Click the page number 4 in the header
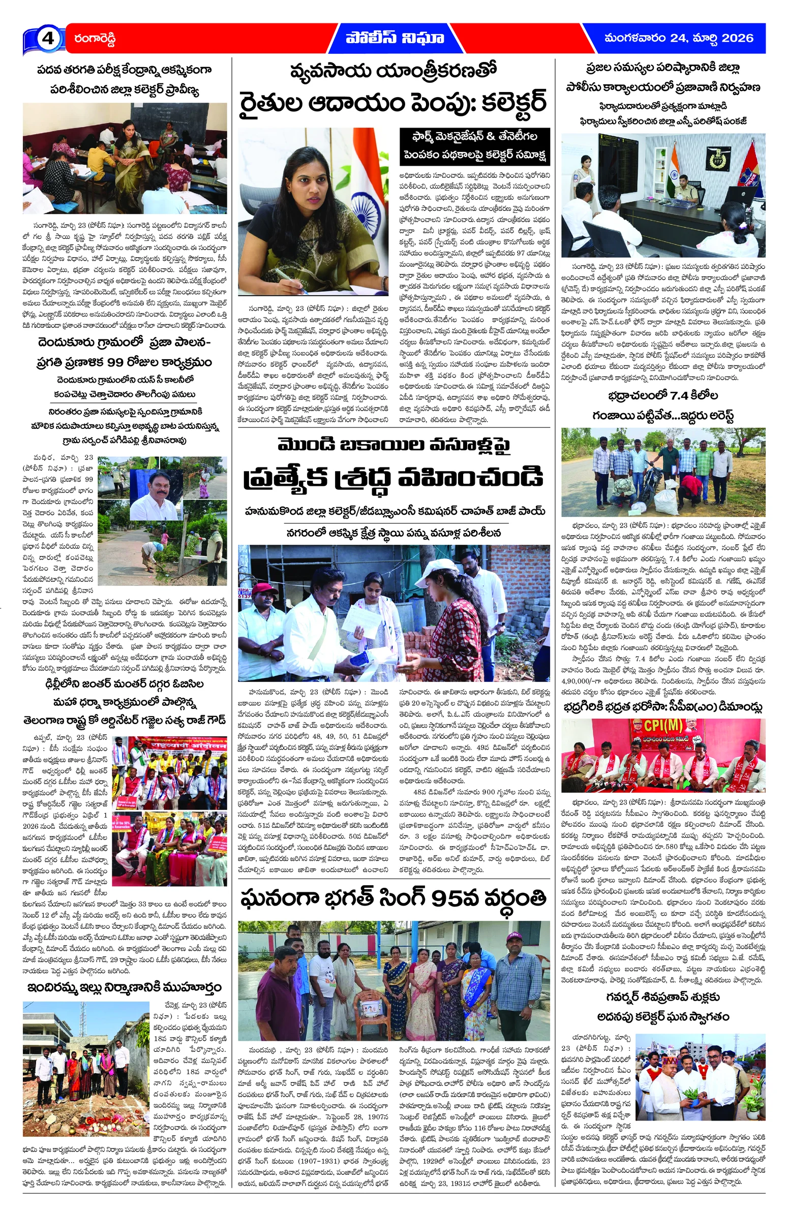click(47, 39)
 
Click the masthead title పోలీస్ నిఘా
click(395, 38)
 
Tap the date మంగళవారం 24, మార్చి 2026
click(678, 38)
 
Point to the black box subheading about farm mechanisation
click(474, 145)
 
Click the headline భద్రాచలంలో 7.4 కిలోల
click(663, 396)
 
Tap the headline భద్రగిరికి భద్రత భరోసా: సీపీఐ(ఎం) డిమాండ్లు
click(663, 707)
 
